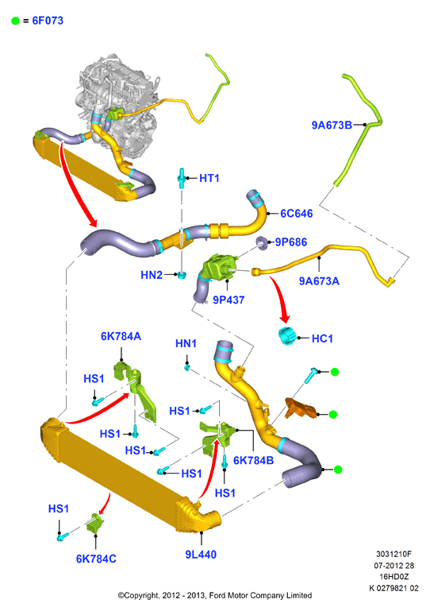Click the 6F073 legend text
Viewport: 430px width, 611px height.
click(x=48, y=21)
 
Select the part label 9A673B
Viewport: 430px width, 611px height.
click(x=332, y=125)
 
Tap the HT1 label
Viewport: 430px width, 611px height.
click(x=209, y=178)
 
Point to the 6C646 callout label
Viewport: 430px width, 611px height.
click(x=297, y=214)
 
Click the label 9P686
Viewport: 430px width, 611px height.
click(x=291, y=242)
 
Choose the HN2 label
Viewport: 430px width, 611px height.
click(x=152, y=275)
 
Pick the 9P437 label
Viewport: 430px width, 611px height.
click(x=228, y=300)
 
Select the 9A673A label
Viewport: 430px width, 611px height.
click(x=319, y=281)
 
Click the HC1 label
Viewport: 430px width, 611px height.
click(x=322, y=338)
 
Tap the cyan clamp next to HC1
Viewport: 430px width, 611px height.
click(x=288, y=336)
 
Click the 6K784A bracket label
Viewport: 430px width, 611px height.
click(x=121, y=336)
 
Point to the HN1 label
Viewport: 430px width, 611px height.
click(x=186, y=343)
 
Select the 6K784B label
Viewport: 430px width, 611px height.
click(x=253, y=460)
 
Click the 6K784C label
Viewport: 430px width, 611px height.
click(x=96, y=559)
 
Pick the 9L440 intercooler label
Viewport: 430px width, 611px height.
click(x=201, y=554)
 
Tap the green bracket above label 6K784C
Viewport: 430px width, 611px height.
click(x=96, y=524)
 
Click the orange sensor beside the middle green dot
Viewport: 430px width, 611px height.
click(x=300, y=408)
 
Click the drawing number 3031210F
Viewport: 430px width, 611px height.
click(x=394, y=554)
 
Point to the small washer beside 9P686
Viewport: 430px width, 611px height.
click(x=262, y=243)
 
